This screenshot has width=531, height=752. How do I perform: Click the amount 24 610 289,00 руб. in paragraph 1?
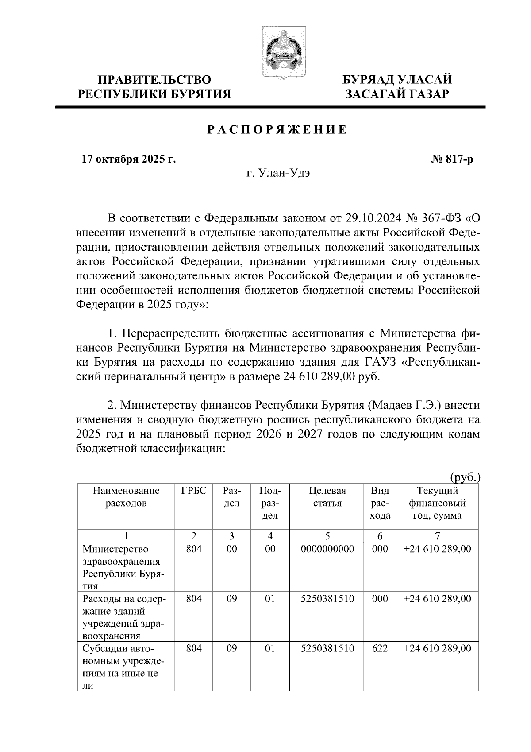tap(331, 376)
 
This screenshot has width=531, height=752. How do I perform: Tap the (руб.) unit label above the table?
tap(465, 477)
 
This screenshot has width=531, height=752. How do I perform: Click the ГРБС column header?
tap(194, 491)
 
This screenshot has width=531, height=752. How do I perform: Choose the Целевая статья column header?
tap(327, 497)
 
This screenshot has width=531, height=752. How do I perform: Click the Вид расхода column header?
tap(380, 503)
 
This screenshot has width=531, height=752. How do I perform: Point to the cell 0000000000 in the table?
tap(327, 549)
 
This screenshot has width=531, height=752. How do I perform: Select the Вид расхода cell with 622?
tap(380, 648)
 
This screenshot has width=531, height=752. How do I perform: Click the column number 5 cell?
tap(327, 535)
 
